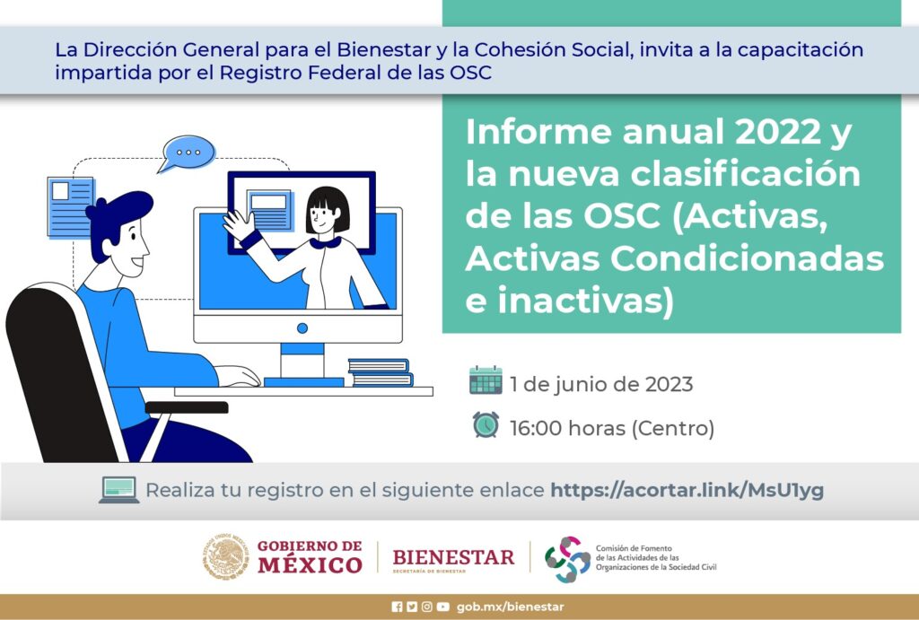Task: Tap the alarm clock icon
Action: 486,425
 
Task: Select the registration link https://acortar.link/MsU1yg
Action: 687,490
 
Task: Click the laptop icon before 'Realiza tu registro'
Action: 119,490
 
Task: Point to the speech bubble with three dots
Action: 188,153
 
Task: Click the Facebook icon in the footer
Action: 397,607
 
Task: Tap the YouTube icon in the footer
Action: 443,607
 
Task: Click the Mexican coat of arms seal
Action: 226,556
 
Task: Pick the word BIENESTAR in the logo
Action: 453,556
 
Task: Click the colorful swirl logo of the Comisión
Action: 567,559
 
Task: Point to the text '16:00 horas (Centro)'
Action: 612,428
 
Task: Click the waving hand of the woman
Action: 239,225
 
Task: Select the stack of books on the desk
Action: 381,372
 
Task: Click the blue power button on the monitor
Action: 302,328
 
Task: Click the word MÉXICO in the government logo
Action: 310,565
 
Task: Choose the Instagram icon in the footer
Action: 427,607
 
